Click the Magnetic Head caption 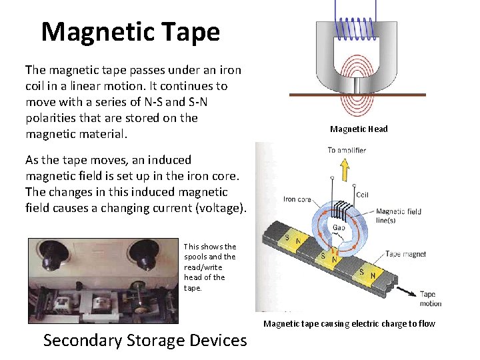click(358, 129)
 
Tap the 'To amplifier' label click(347, 151)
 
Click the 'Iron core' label click(298, 199)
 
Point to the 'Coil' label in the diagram click(362, 195)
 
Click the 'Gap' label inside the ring click(339, 227)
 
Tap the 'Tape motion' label click(431, 299)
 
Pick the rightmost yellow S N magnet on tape click(365, 273)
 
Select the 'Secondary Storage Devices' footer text click(145, 340)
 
